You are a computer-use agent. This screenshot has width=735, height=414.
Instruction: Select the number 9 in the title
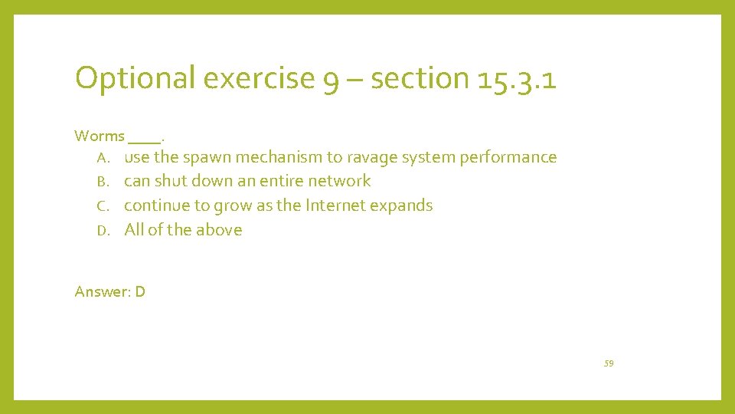(x=331, y=80)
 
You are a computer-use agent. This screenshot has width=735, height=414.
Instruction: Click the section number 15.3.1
(x=516, y=78)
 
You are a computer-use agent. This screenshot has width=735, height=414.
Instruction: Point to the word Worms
(x=100, y=136)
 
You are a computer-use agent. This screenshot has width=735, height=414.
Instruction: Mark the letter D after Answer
(x=140, y=291)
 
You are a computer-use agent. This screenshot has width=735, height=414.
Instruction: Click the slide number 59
(x=609, y=363)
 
